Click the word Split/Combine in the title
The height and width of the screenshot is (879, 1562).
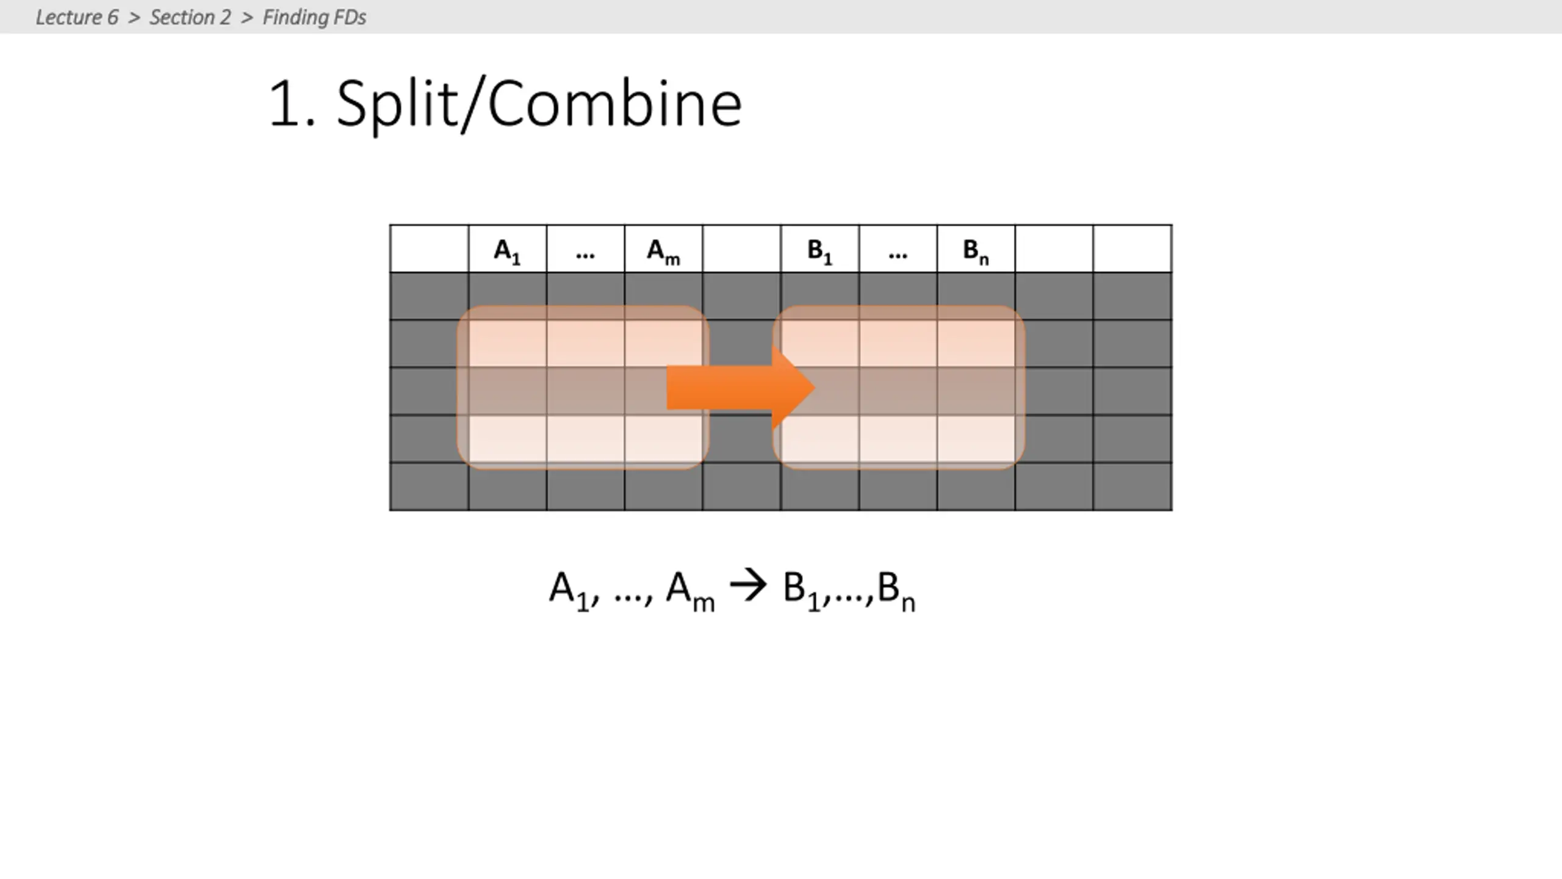coord(539,104)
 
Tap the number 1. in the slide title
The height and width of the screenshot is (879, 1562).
coord(292,104)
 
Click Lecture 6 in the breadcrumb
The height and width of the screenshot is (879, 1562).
coord(77,17)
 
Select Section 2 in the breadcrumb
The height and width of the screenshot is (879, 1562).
coord(190,17)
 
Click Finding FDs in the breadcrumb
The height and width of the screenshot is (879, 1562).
coord(314,17)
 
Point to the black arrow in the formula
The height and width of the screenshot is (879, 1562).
coord(748,586)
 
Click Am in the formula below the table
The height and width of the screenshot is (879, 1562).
coord(689,590)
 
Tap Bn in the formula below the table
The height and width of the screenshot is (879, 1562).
coord(896,590)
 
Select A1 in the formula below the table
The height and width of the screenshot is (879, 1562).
coord(569,590)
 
